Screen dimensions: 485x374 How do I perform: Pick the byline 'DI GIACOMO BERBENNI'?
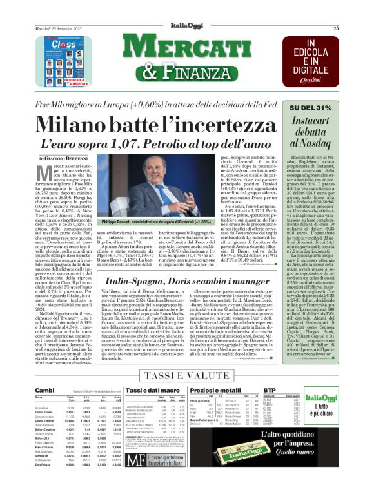tap(61, 158)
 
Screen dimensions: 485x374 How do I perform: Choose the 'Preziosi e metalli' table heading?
tap(238, 391)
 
